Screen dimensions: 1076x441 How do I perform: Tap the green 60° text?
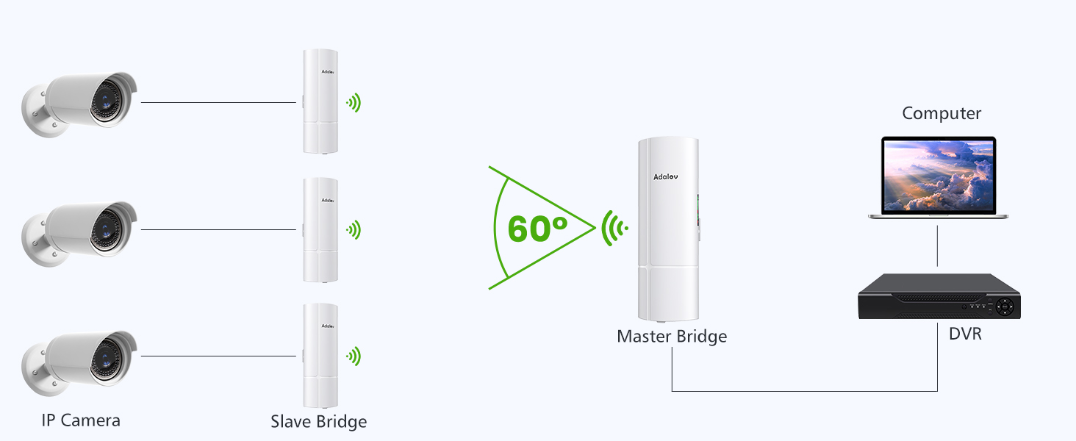coord(538,229)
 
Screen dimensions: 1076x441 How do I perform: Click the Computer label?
coord(941,114)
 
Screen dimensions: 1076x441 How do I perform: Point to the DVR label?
coord(965,334)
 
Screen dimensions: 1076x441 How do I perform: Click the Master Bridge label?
coord(672,337)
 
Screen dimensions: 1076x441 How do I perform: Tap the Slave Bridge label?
coord(318,422)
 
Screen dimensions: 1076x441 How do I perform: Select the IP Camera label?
coord(81,420)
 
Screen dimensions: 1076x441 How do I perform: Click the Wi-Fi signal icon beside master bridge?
coord(614,229)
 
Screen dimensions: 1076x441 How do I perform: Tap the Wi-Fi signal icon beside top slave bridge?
coord(354,103)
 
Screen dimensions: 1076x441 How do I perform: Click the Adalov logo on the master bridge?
coord(667,176)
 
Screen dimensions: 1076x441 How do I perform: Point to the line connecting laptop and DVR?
coord(937,246)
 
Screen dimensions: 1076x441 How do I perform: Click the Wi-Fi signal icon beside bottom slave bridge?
coord(354,357)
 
